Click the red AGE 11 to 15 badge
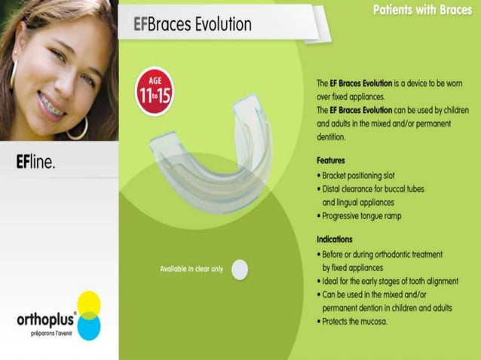(x=154, y=92)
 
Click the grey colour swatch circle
(x=239, y=269)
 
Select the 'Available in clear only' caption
(x=191, y=269)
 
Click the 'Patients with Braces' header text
(x=422, y=10)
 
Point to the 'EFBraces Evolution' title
(x=192, y=24)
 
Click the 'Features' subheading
(x=331, y=160)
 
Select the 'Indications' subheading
(x=335, y=239)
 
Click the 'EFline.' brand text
(x=35, y=162)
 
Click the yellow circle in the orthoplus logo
(x=88, y=304)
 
